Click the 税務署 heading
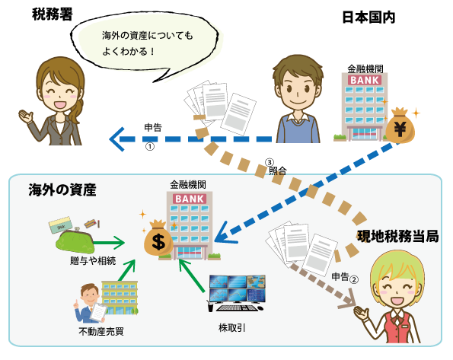coord(53,14)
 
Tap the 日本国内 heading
coord(368,18)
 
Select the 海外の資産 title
coord(62,190)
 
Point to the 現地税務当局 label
coord(398,237)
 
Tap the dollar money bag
coord(158,239)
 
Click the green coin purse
coord(75,240)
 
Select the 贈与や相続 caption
coord(93,261)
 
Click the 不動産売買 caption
coord(101,331)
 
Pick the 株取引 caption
coord(232,328)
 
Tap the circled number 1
coord(149,147)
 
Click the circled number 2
coord(354,279)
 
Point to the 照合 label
coord(278,170)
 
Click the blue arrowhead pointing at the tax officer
coord(117,139)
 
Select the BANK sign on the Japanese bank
coord(365,80)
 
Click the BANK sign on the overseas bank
coord(190,199)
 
